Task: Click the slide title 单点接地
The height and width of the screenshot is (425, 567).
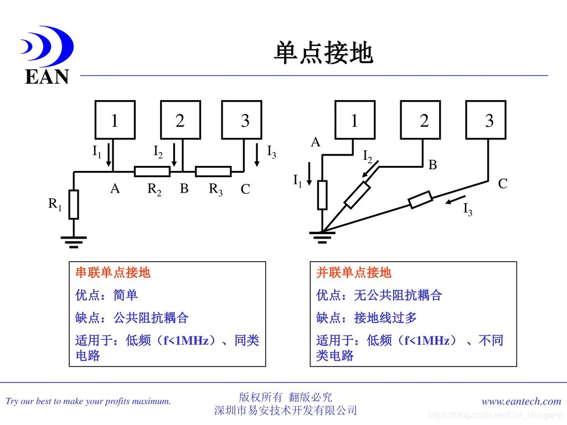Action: [323, 54]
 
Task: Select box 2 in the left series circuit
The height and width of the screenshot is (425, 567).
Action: [180, 120]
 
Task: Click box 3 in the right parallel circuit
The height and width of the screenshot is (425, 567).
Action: [486, 120]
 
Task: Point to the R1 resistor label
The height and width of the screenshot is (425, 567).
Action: [54, 204]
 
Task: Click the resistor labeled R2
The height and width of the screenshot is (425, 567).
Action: [152, 172]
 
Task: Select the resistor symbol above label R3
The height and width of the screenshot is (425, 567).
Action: [213, 172]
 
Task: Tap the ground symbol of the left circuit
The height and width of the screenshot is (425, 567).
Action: [73, 240]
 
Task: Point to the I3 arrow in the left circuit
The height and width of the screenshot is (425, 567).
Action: [257, 155]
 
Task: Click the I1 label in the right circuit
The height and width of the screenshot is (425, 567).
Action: [297, 180]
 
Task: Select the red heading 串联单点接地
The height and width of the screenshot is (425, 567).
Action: [113, 273]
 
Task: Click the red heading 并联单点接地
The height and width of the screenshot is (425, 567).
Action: [354, 273]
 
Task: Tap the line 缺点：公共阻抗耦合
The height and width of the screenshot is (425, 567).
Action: [132, 318]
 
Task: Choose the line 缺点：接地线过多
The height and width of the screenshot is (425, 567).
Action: [367, 318]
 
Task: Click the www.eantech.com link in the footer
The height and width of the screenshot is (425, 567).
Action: [522, 401]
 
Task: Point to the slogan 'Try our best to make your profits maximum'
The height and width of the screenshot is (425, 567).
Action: [88, 401]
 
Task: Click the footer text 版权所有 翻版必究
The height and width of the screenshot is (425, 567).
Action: [285, 397]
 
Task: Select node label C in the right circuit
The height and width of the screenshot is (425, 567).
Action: [502, 184]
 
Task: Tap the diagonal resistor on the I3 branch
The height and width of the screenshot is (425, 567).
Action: [421, 200]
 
